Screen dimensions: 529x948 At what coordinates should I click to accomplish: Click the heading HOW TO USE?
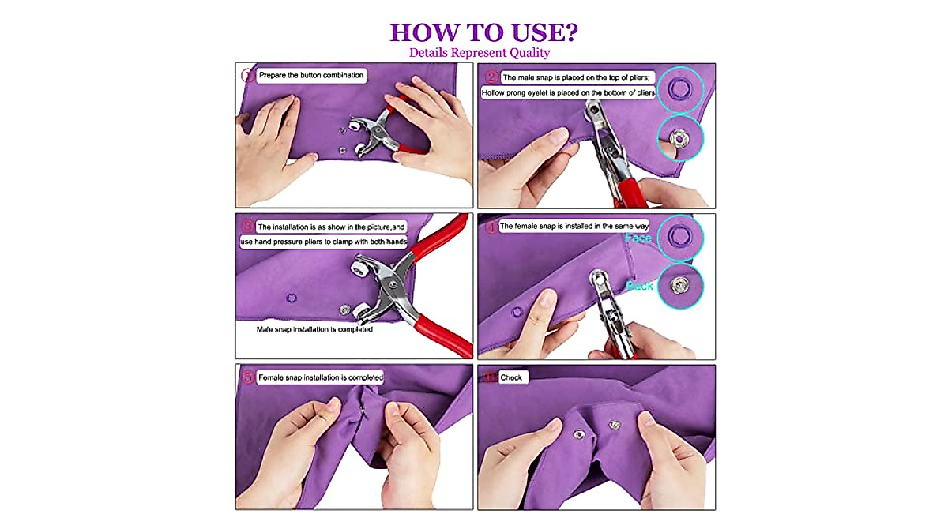click(483, 32)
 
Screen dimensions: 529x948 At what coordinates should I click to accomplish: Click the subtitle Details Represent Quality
click(480, 53)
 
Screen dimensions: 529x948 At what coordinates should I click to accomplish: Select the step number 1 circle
click(248, 76)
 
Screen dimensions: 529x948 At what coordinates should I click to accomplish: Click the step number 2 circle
click(491, 77)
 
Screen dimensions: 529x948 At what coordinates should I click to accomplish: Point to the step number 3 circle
click(247, 227)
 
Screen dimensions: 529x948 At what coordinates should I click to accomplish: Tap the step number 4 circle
click(491, 227)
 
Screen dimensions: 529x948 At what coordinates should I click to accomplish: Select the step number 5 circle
click(247, 377)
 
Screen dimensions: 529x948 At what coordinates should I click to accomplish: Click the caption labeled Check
click(511, 378)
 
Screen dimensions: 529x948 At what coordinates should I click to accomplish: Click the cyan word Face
click(638, 238)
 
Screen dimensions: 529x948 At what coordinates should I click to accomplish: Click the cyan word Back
click(640, 286)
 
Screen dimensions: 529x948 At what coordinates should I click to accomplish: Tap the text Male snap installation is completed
click(314, 329)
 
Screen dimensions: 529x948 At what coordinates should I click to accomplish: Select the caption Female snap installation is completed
click(320, 378)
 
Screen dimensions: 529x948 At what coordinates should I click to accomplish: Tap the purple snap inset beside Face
click(677, 236)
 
